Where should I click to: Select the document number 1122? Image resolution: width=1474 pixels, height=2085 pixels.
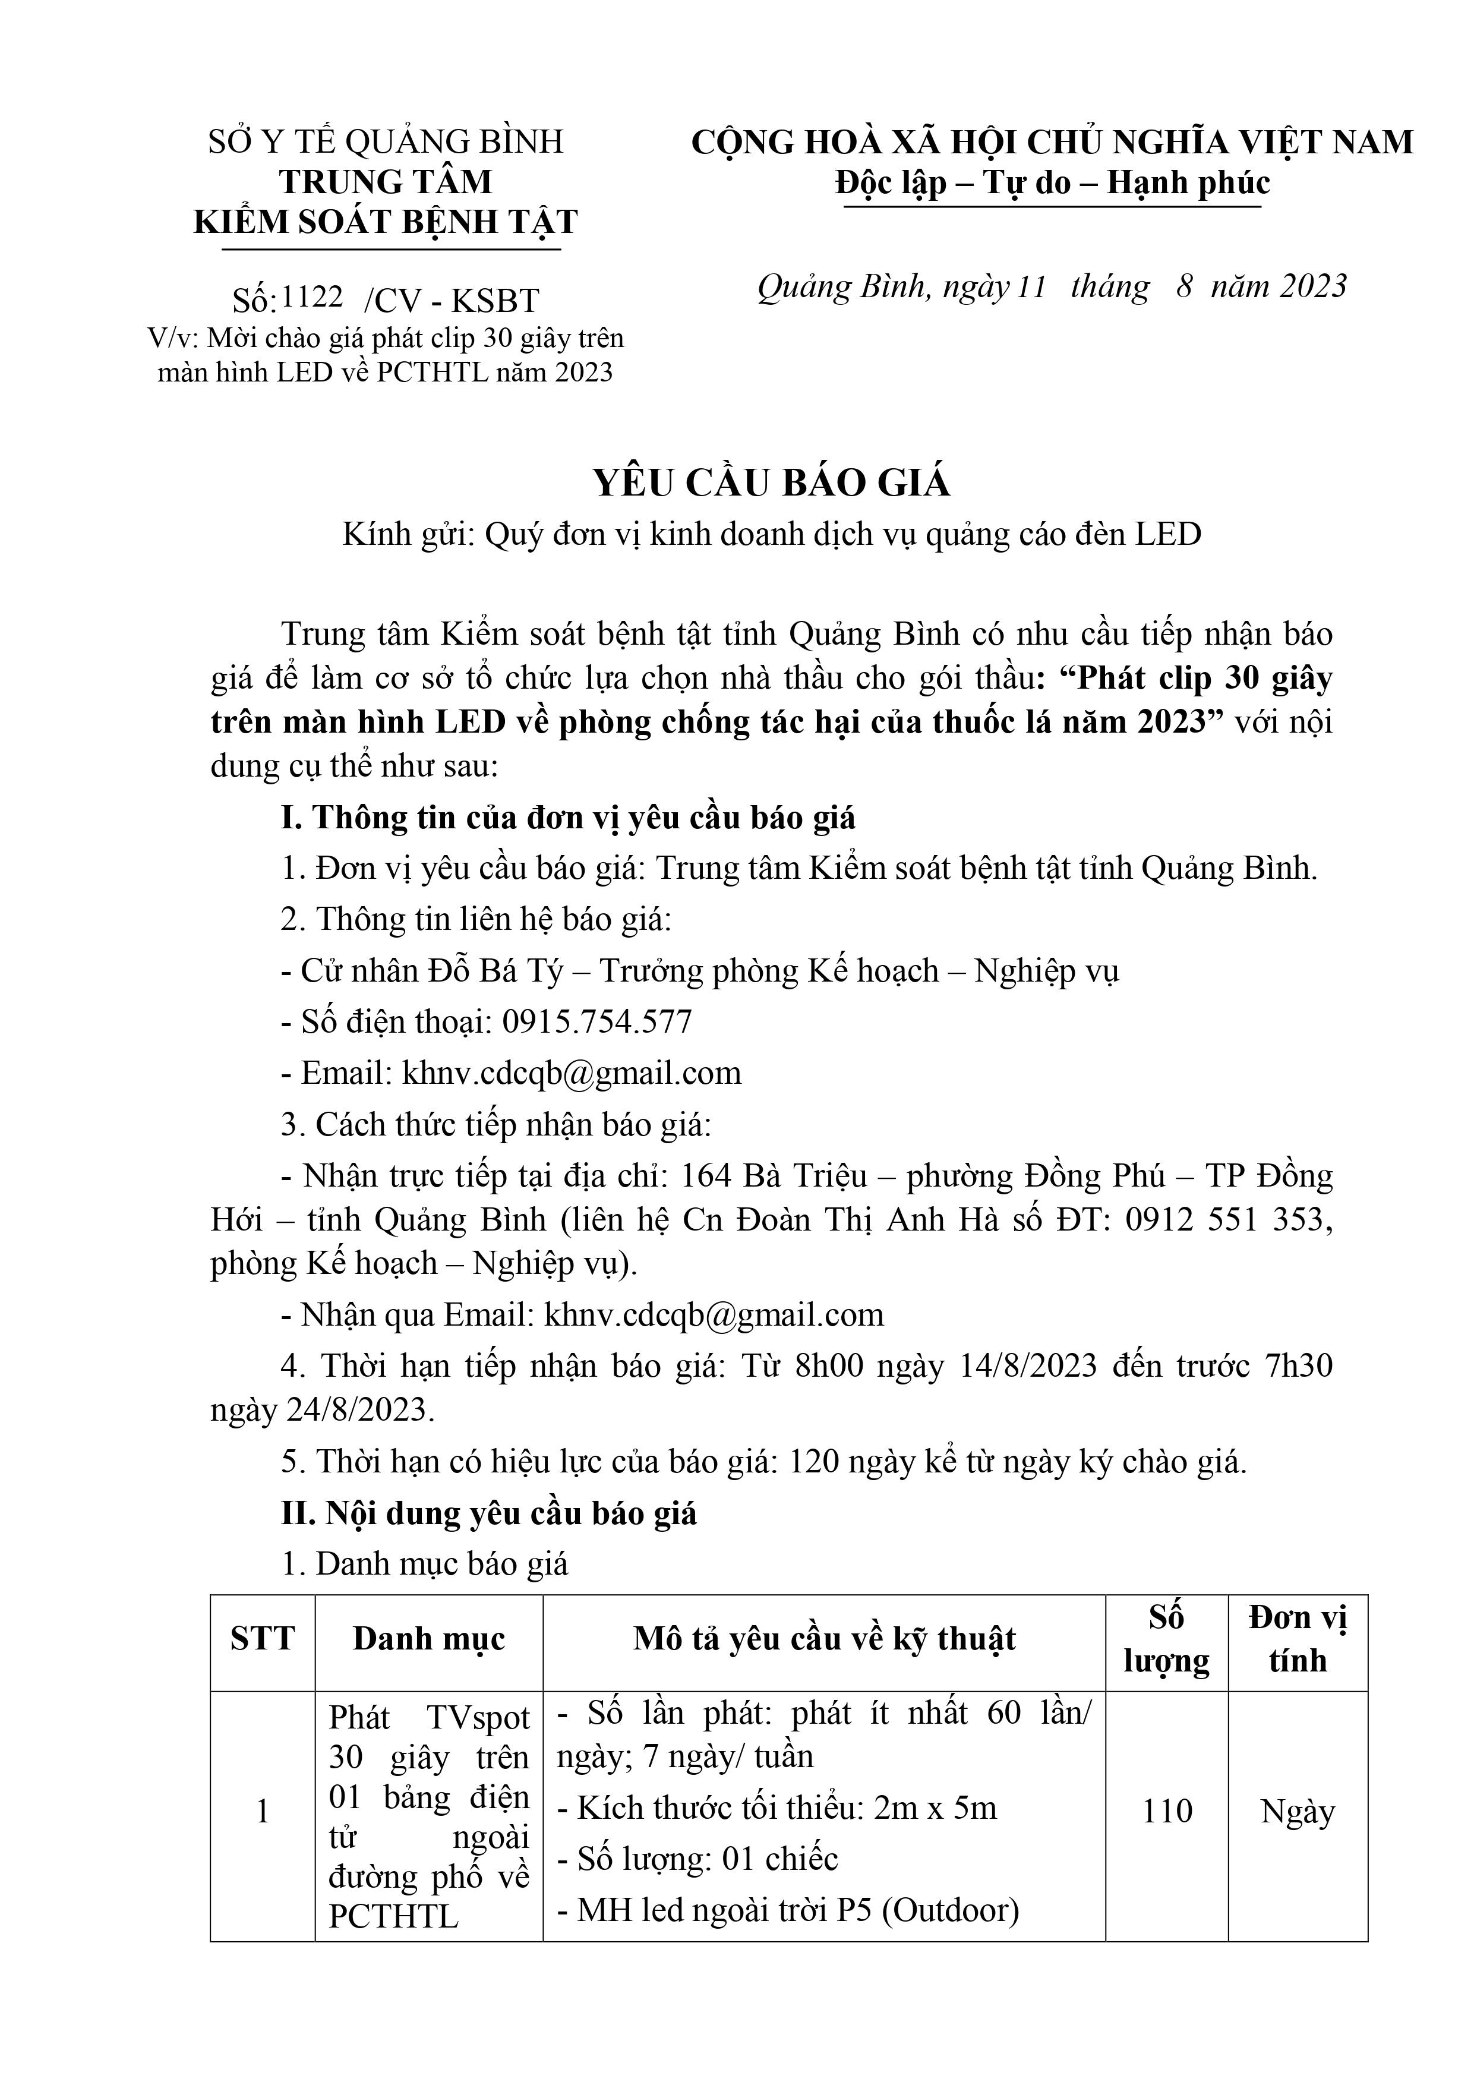[313, 297]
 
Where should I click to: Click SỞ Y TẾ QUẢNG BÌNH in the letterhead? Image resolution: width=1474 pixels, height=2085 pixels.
[386, 141]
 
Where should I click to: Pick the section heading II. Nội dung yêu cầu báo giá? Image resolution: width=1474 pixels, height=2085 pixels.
[488, 1513]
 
